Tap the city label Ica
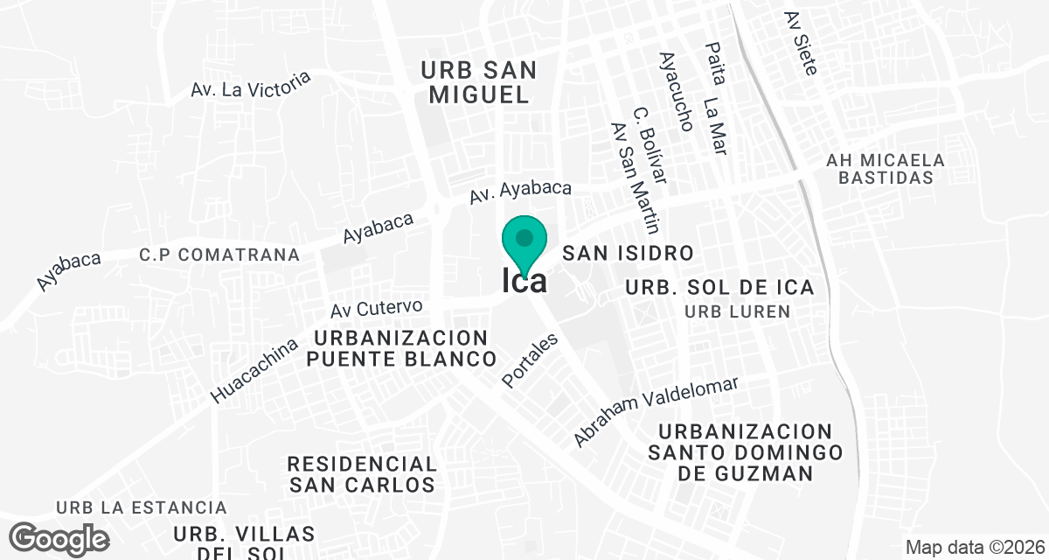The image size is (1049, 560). click(x=524, y=281)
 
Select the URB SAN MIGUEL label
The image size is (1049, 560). click(x=478, y=82)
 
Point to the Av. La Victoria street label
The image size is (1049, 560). click(x=251, y=84)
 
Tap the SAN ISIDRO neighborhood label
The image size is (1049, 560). click(x=628, y=254)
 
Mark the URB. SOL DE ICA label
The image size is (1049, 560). click(x=719, y=287)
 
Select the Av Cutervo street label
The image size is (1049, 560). click(x=377, y=308)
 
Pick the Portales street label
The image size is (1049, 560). click(x=530, y=361)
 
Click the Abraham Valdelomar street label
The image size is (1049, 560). click(x=656, y=411)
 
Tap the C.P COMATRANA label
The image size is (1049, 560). click(x=219, y=255)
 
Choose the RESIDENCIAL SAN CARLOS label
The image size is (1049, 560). click(x=361, y=473)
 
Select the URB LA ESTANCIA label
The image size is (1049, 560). click(x=142, y=507)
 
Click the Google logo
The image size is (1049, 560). click(x=60, y=537)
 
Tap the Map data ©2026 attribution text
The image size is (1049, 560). click(x=973, y=548)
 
